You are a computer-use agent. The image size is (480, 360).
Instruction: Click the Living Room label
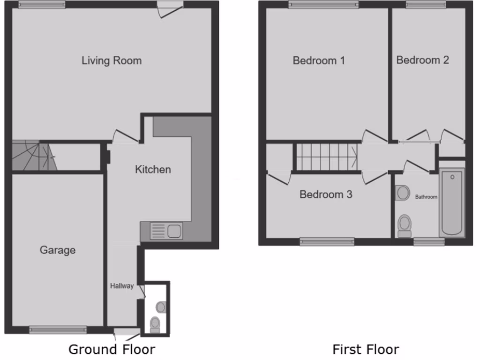[112, 60]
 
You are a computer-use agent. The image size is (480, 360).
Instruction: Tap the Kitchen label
[153, 169]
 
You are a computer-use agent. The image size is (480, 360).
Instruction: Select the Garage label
[57, 250]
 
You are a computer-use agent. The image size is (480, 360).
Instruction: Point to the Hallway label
[122, 285]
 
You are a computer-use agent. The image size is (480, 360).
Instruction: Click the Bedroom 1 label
[319, 60]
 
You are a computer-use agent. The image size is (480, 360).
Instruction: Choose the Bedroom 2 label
[422, 60]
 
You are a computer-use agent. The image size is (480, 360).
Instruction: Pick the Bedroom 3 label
[326, 194]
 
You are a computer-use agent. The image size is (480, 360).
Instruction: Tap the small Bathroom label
[426, 197]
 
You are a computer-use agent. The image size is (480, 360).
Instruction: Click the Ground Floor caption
[112, 349]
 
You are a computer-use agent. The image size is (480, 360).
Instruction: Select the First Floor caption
[366, 349]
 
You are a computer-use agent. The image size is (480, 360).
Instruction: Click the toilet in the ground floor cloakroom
[155, 323]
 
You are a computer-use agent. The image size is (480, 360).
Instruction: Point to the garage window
[58, 330]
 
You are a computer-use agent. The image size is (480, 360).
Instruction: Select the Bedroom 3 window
[327, 242]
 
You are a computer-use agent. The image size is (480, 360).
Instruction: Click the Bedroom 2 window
[426, 5]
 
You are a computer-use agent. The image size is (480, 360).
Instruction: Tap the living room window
[42, 5]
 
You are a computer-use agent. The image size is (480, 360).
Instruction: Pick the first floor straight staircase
[326, 157]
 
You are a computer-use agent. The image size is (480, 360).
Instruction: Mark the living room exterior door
[170, 7]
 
